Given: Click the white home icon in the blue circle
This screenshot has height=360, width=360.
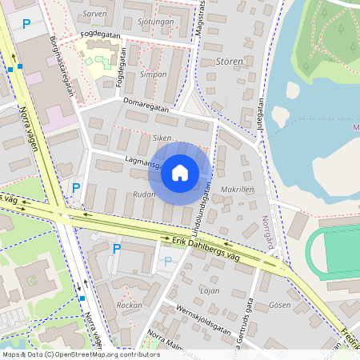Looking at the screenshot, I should tap(180, 172).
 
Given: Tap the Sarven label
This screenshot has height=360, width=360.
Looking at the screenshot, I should tap(94, 14).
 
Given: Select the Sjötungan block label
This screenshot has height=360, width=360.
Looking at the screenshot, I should tap(155, 22).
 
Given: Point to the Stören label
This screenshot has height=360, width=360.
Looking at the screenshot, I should tap(229, 62).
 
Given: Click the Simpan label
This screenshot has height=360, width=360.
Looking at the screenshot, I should tap(153, 74).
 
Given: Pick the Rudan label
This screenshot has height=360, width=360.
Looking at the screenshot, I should tap(144, 194).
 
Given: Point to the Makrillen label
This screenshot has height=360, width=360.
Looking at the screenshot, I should tap(237, 190).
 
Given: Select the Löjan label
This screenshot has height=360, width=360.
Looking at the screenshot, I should tap(210, 290).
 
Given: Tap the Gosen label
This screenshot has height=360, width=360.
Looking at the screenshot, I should tap(280, 305).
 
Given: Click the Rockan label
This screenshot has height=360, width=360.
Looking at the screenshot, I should tap(130, 306).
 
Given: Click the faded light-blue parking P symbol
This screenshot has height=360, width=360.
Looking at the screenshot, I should tap(167, 262).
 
